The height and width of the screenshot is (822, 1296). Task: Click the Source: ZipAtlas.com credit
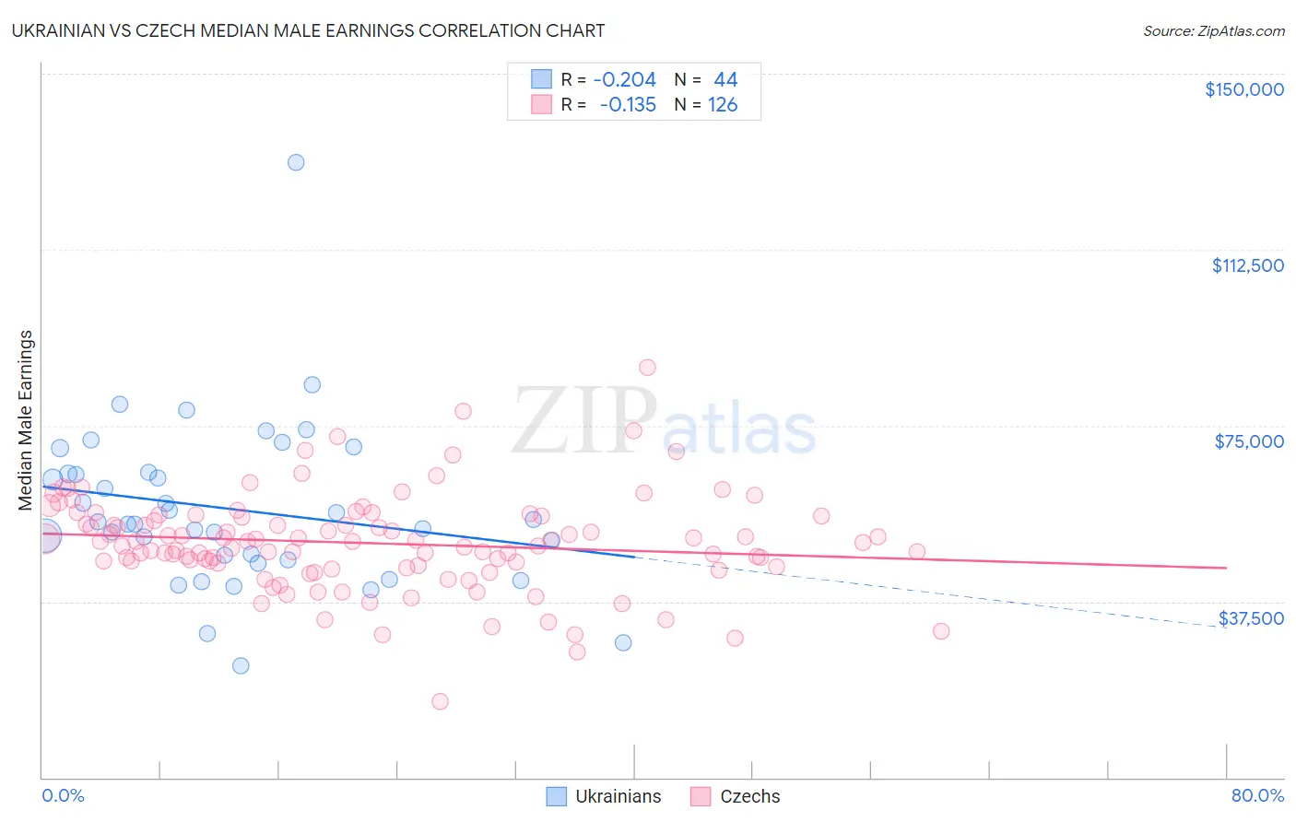pos(1213,30)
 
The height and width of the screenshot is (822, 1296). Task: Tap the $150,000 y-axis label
pos(1243,89)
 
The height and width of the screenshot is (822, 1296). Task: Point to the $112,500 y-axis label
pos(1247,265)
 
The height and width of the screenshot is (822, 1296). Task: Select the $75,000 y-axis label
pos(1249,441)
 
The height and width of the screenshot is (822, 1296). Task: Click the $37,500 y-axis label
pos(1251,618)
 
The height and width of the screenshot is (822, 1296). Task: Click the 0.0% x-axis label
pos(63,795)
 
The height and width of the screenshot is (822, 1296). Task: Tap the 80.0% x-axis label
pos(1257,795)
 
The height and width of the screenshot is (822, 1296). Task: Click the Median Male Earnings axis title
pos(26,419)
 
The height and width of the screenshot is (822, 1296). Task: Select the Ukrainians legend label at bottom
pos(618,796)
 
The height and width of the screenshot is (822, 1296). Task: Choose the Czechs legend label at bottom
pos(749,796)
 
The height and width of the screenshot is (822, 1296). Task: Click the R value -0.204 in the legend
pos(624,79)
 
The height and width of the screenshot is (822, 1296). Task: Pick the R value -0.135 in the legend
pos(627,105)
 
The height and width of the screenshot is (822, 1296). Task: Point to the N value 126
pos(723,105)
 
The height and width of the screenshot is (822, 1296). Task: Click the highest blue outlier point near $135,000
pos(296,162)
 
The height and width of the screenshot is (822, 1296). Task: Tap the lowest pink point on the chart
pos(440,701)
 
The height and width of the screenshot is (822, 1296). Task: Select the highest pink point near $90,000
pos(647,368)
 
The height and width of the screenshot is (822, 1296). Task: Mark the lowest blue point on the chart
pos(241,665)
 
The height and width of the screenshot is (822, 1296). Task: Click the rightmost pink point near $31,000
pos(941,631)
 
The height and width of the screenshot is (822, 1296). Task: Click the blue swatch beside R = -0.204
pos(541,79)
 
